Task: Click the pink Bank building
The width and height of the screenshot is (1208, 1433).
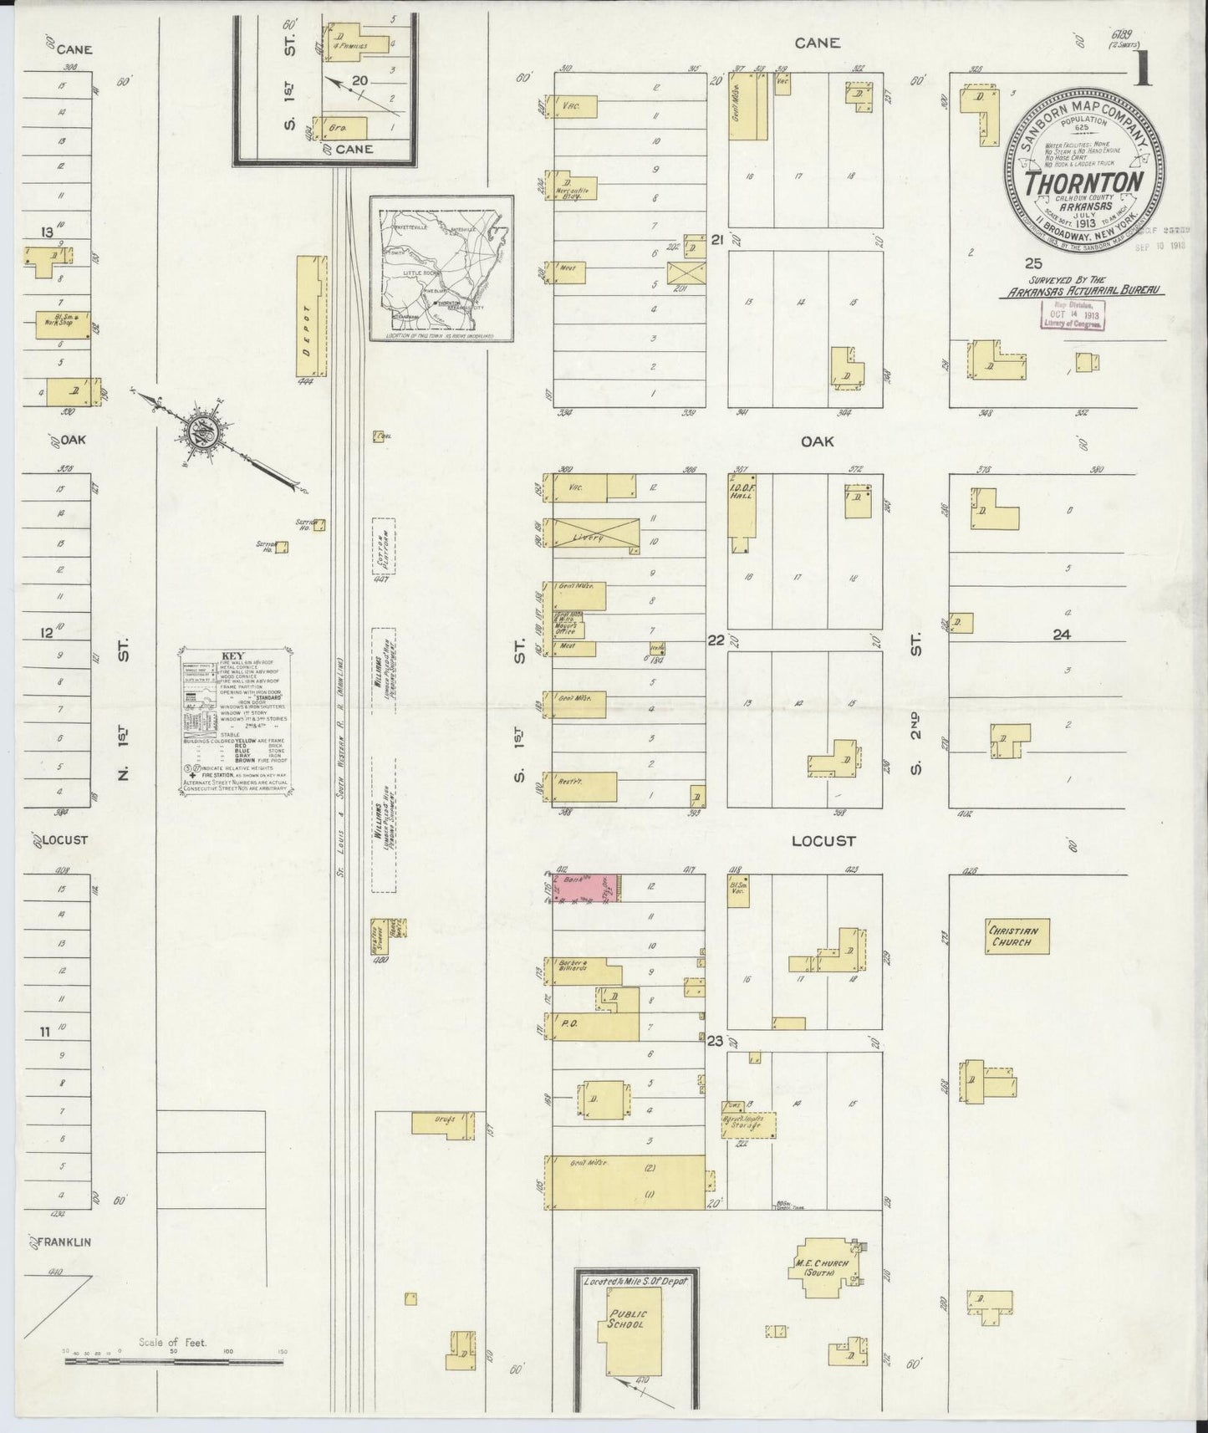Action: [x=585, y=889]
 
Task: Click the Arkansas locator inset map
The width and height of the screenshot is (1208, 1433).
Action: [x=441, y=268]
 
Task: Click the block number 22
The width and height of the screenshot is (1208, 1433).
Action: [x=716, y=640]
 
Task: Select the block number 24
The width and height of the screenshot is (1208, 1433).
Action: [x=1061, y=635]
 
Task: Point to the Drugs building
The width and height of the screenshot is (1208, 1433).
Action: [x=443, y=1124]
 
